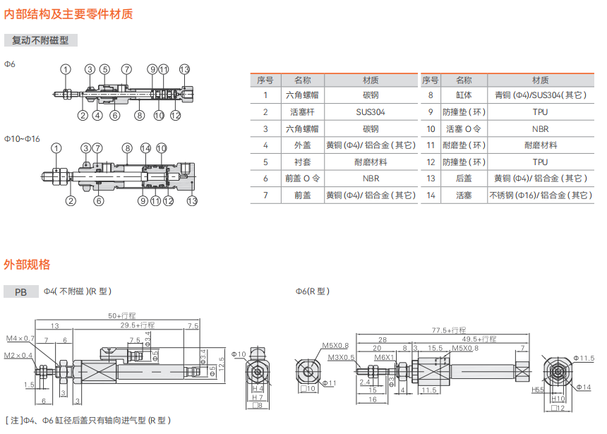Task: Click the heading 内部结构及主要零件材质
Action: coord(68,13)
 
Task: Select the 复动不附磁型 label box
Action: coord(41,41)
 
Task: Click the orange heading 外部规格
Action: coord(27,265)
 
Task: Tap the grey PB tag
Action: coord(21,291)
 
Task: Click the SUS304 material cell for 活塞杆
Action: coord(371,111)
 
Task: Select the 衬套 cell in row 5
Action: coord(302,162)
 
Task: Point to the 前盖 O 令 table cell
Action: coord(302,179)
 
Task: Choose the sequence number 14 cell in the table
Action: coord(431,195)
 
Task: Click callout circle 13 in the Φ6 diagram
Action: coord(184,69)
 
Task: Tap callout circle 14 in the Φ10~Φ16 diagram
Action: coord(145,148)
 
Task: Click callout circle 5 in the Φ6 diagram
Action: coord(104,69)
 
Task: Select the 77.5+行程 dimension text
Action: coord(450,330)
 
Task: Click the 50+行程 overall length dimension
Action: coord(121,315)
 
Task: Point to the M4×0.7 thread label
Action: coord(20,339)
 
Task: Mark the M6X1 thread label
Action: coord(384,358)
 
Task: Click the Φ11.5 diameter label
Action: coord(583,358)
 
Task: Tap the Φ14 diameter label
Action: coord(584,387)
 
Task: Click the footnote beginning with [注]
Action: coord(88,421)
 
